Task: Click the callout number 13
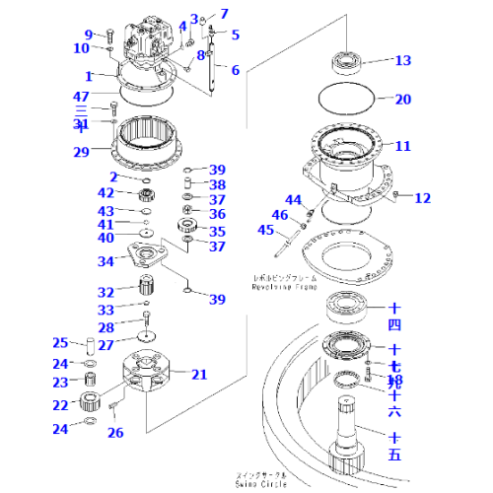point(403,61)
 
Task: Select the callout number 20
point(403,99)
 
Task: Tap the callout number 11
point(403,146)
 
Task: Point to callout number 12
point(422,198)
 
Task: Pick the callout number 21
point(199,374)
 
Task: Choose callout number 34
point(105,261)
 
